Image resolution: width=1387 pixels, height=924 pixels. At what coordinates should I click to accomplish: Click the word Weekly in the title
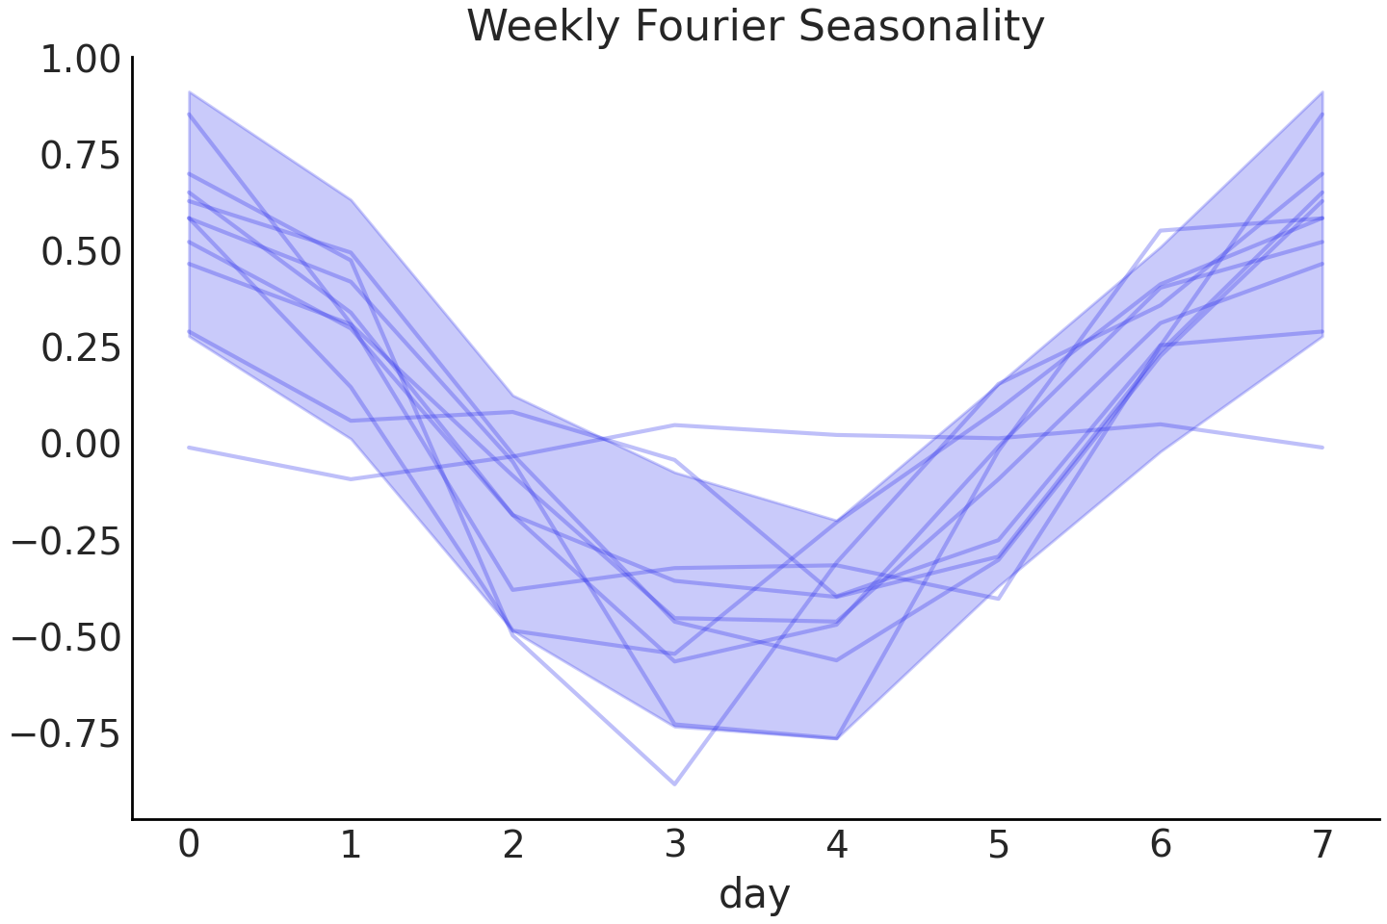[x=544, y=26]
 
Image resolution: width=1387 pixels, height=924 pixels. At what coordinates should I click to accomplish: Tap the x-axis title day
[x=754, y=893]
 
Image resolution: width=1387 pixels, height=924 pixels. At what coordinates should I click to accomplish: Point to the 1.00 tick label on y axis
[x=80, y=60]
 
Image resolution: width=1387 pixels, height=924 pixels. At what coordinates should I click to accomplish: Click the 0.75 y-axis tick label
[x=80, y=156]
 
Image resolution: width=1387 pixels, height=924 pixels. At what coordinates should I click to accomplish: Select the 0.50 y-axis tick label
[x=80, y=252]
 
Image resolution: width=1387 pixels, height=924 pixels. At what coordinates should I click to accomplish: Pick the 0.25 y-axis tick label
[x=80, y=348]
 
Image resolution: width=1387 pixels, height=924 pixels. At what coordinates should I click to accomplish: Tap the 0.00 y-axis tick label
[x=80, y=445]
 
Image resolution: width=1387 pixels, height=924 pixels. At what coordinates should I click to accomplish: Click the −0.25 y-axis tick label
[x=66, y=541]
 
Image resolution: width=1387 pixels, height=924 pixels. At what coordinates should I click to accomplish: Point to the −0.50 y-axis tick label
[x=66, y=637]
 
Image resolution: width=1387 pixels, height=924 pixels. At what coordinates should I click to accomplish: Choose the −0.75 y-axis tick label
[x=66, y=733]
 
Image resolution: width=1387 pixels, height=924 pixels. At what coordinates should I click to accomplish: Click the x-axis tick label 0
[x=190, y=844]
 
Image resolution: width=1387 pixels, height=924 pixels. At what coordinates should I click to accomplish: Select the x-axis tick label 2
[x=513, y=844]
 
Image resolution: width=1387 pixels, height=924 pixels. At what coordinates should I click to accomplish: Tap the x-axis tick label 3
[x=675, y=844]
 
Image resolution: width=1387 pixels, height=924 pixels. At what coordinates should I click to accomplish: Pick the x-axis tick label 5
[x=999, y=844]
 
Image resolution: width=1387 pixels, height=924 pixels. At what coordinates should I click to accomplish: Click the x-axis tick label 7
[x=1322, y=844]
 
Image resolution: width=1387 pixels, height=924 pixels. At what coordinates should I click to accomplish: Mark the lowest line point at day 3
[x=674, y=784]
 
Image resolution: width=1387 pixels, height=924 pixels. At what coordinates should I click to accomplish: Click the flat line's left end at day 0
[x=190, y=448]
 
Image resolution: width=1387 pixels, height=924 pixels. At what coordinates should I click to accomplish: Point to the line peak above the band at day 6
[x=1161, y=231]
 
